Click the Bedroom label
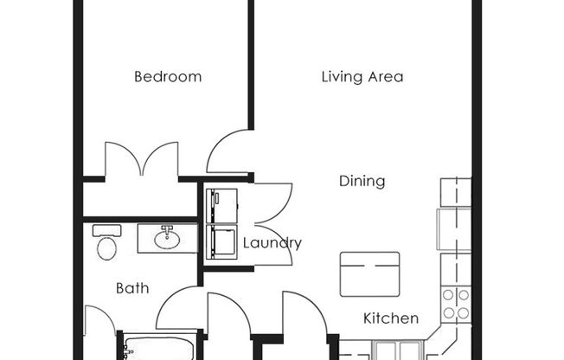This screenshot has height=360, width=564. (168, 77)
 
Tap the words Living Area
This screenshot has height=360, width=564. (362, 77)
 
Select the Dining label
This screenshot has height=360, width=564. (362, 182)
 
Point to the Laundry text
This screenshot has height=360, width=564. (272, 243)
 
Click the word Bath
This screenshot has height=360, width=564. (132, 288)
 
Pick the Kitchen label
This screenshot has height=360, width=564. (390, 318)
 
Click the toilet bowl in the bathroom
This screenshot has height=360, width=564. (106, 248)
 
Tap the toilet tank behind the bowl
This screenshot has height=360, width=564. (106, 231)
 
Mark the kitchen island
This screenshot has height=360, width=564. (369, 273)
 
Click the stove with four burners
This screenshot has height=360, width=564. (456, 304)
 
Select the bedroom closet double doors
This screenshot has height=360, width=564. (141, 161)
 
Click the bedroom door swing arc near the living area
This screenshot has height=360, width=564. (227, 152)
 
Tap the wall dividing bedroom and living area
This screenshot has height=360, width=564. (251, 65)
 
